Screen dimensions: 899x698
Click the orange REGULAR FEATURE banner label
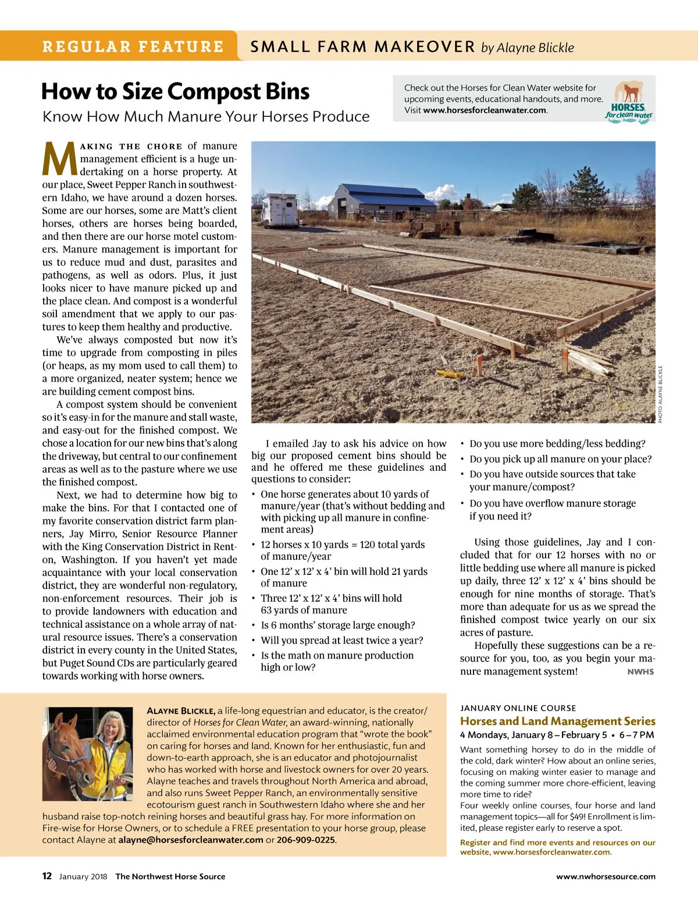[133, 47]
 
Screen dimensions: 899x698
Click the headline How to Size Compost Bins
[175, 91]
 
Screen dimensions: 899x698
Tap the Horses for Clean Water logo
[629, 101]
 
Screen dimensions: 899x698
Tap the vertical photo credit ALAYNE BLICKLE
[660, 394]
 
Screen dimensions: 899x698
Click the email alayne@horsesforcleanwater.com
[191, 840]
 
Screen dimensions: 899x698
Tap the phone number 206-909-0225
[306, 840]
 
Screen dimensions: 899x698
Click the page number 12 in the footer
[47, 876]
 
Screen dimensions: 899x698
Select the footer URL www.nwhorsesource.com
[606, 876]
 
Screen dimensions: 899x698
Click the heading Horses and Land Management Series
[557, 721]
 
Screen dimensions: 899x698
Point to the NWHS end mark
[640, 671]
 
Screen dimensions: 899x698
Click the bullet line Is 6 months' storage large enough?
[337, 625]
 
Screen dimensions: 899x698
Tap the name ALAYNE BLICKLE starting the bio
[181, 710]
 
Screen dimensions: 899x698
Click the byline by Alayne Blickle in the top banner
[528, 48]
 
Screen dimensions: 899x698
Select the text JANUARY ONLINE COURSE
[518, 708]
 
